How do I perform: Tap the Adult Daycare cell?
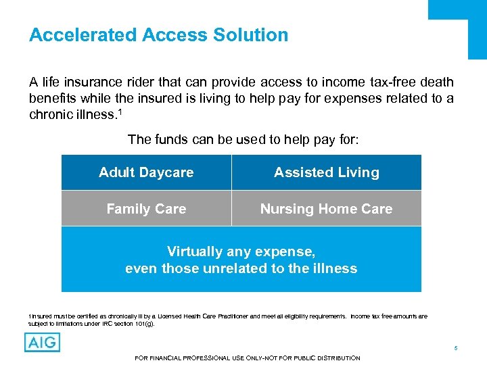pyautogui.click(x=146, y=172)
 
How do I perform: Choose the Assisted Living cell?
pyautogui.click(x=326, y=172)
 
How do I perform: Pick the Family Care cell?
pyautogui.click(x=146, y=209)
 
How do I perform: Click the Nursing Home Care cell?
pyautogui.click(x=326, y=209)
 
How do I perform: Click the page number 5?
pyautogui.click(x=456, y=348)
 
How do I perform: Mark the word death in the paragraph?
pyautogui.click(x=436, y=82)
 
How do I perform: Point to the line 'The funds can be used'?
pyautogui.click(x=243, y=140)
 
